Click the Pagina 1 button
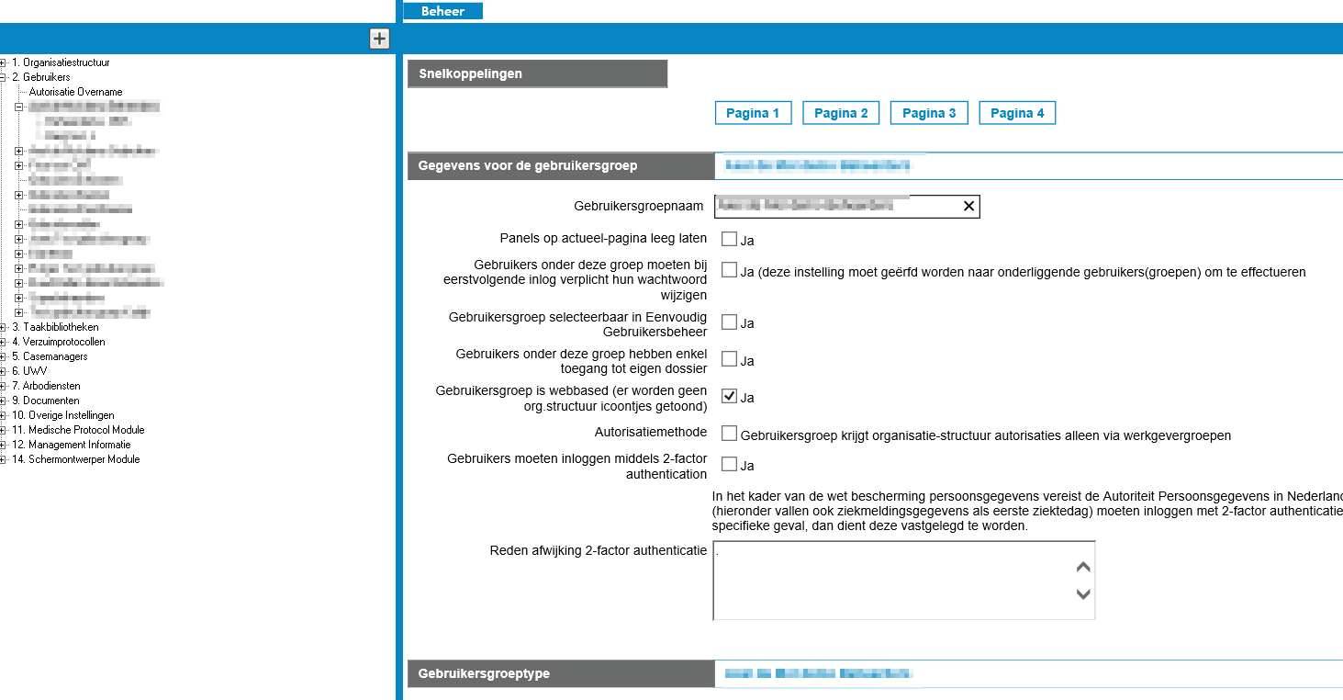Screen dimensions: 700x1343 [753, 113]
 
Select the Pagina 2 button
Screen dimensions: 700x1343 [841, 113]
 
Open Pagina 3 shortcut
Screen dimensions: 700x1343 [929, 113]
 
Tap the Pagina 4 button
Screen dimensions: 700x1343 [1017, 113]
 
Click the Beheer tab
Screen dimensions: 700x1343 [442, 11]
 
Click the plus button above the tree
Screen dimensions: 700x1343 [379, 39]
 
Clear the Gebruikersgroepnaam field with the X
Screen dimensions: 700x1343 [968, 207]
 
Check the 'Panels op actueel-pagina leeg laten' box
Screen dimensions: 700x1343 [729, 240]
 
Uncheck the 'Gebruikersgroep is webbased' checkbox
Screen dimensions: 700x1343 [729, 396]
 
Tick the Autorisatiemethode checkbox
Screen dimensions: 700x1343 [729, 434]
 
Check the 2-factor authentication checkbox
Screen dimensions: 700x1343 [729, 465]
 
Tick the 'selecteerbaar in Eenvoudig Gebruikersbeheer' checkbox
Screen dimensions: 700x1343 [729, 322]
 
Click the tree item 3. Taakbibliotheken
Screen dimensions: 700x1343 [55, 327]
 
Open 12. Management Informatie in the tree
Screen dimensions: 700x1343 [72, 445]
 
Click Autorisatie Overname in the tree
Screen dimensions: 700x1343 [75, 92]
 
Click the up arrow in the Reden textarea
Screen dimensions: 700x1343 [1083, 568]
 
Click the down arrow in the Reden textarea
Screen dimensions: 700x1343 [1083, 593]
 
